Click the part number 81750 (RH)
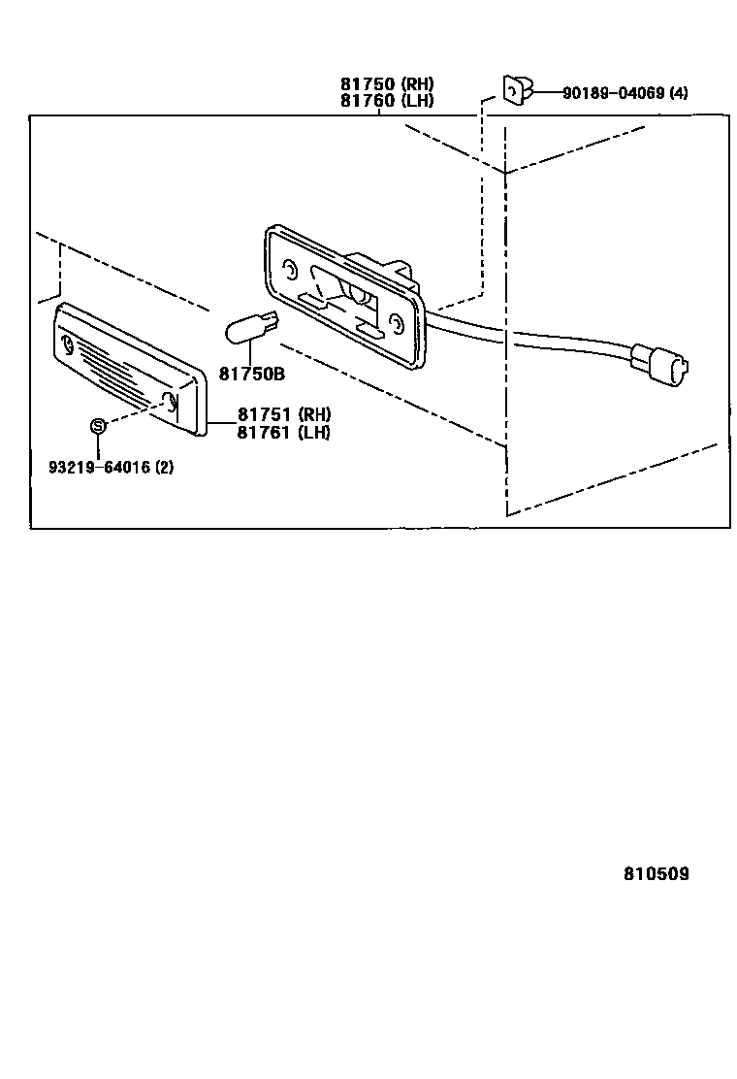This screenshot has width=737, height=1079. [386, 84]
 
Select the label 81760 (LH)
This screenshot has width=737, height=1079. [386, 100]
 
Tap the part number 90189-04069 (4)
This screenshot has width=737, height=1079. [625, 93]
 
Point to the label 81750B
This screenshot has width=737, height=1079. [251, 373]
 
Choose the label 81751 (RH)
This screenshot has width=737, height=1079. [283, 415]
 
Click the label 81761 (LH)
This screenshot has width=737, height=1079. [283, 432]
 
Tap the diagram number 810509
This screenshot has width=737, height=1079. [657, 873]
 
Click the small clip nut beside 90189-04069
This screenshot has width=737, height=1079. [515, 89]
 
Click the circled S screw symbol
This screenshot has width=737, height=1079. [97, 425]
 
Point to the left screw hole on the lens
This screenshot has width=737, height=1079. [68, 344]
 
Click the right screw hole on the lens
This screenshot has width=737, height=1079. [170, 404]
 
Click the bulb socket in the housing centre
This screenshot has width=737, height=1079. [354, 293]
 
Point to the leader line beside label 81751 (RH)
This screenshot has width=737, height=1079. [220, 423]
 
